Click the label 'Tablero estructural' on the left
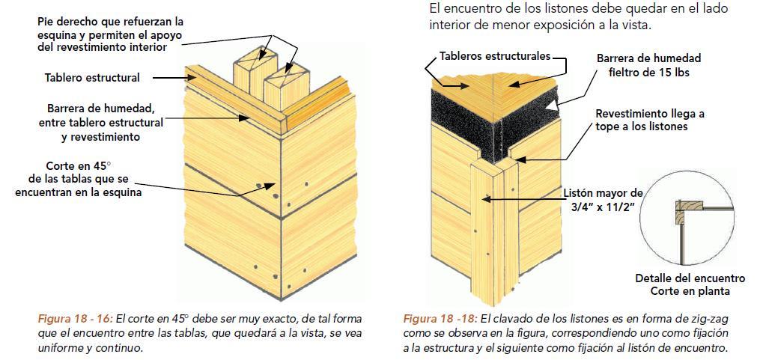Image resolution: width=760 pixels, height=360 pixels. click(x=92, y=77)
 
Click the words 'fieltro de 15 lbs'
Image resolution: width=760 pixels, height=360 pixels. click(x=648, y=73)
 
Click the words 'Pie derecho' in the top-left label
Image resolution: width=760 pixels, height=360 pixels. click(x=65, y=22)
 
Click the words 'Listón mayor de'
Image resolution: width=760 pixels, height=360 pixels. click(x=603, y=192)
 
